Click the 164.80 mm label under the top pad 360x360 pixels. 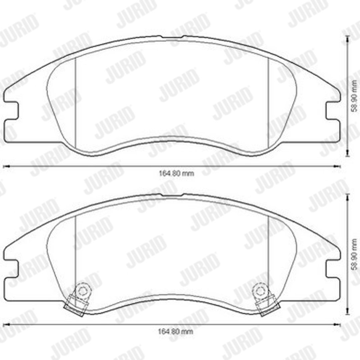click(176, 173)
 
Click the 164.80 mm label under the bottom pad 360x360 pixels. click(176, 332)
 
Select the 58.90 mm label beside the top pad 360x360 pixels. click(354, 96)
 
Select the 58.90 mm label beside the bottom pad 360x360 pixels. click(354, 254)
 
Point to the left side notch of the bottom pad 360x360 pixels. click(11, 269)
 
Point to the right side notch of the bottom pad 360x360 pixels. click(333, 269)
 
